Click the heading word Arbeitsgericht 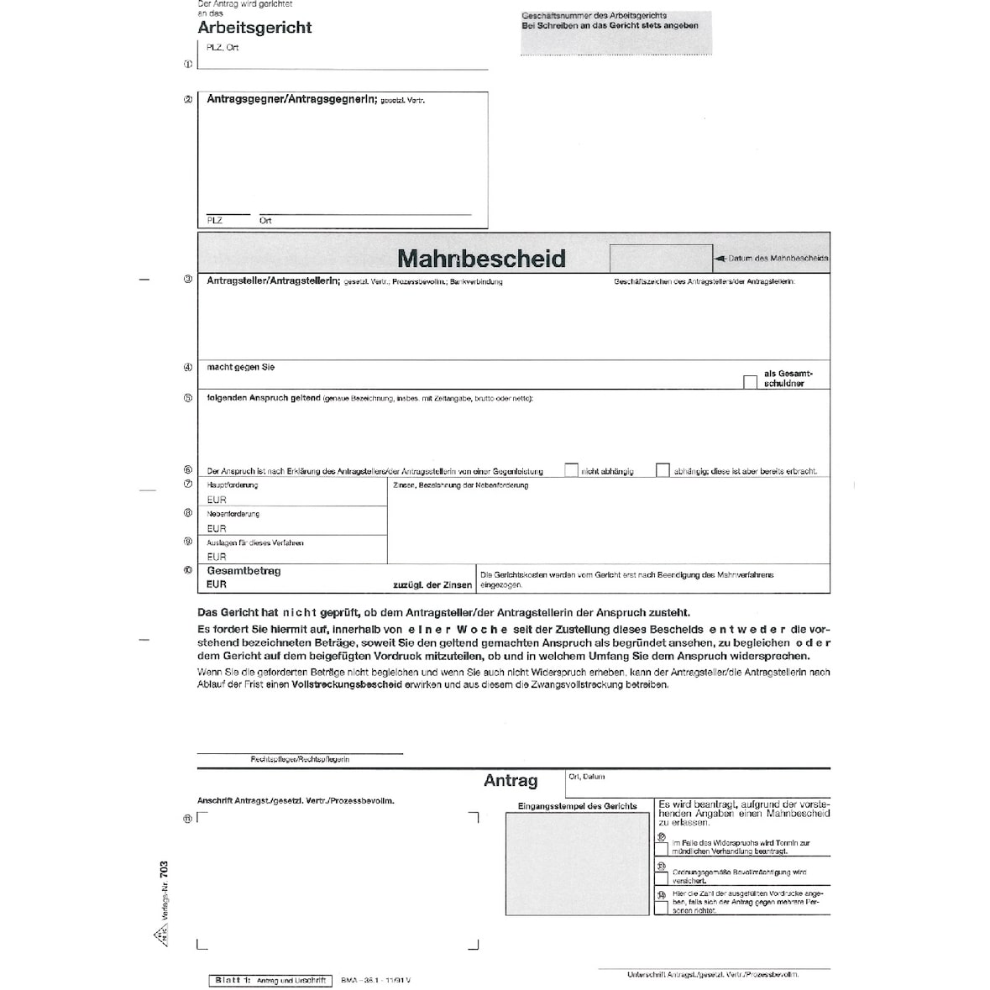254,28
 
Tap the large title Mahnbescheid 481,258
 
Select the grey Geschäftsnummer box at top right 615,33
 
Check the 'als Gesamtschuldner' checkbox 750,382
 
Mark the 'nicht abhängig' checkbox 572,470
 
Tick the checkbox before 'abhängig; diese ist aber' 663,470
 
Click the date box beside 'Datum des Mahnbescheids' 660,258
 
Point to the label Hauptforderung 233,485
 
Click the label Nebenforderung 233,514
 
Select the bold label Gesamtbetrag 244,571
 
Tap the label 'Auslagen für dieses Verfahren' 255,543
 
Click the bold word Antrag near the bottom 511,781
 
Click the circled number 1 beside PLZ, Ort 188,63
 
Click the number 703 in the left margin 164,870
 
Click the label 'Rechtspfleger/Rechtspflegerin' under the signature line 300,759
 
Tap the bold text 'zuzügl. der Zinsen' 432,584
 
